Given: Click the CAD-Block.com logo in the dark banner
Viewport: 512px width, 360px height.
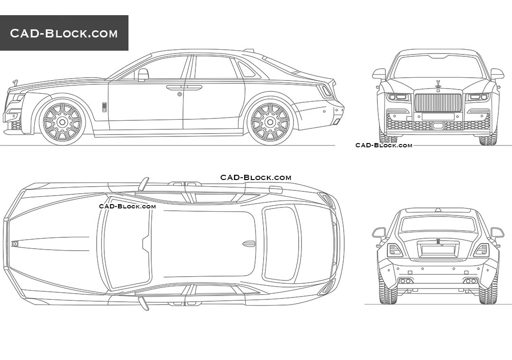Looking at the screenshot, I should (64, 33).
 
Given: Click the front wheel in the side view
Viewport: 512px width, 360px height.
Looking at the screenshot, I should (62, 122).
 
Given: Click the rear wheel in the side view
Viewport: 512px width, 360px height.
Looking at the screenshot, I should (269, 122).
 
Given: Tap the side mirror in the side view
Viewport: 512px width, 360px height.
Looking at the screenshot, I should (143, 74).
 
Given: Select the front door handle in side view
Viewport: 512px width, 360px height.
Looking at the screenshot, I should (175, 87).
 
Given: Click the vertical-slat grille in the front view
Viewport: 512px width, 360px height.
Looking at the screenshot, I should (438, 103).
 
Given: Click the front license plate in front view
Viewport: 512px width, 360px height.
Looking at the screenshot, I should (438, 117).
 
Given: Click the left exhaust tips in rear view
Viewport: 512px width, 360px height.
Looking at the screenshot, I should (405, 281).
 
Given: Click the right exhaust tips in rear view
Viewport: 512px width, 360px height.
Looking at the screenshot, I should (471, 281).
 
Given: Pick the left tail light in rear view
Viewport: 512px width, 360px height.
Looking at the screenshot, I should (394, 250).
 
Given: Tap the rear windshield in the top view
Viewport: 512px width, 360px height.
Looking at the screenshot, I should (282, 243).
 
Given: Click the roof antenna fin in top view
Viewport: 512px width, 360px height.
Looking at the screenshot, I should (249, 243).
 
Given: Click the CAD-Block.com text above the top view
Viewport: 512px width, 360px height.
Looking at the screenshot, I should (256, 178).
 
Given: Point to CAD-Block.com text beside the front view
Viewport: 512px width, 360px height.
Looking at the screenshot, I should (384, 145).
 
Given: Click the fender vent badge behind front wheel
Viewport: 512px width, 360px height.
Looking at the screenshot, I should (104, 107).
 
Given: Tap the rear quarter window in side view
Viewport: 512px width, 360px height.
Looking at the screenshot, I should (246, 71).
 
